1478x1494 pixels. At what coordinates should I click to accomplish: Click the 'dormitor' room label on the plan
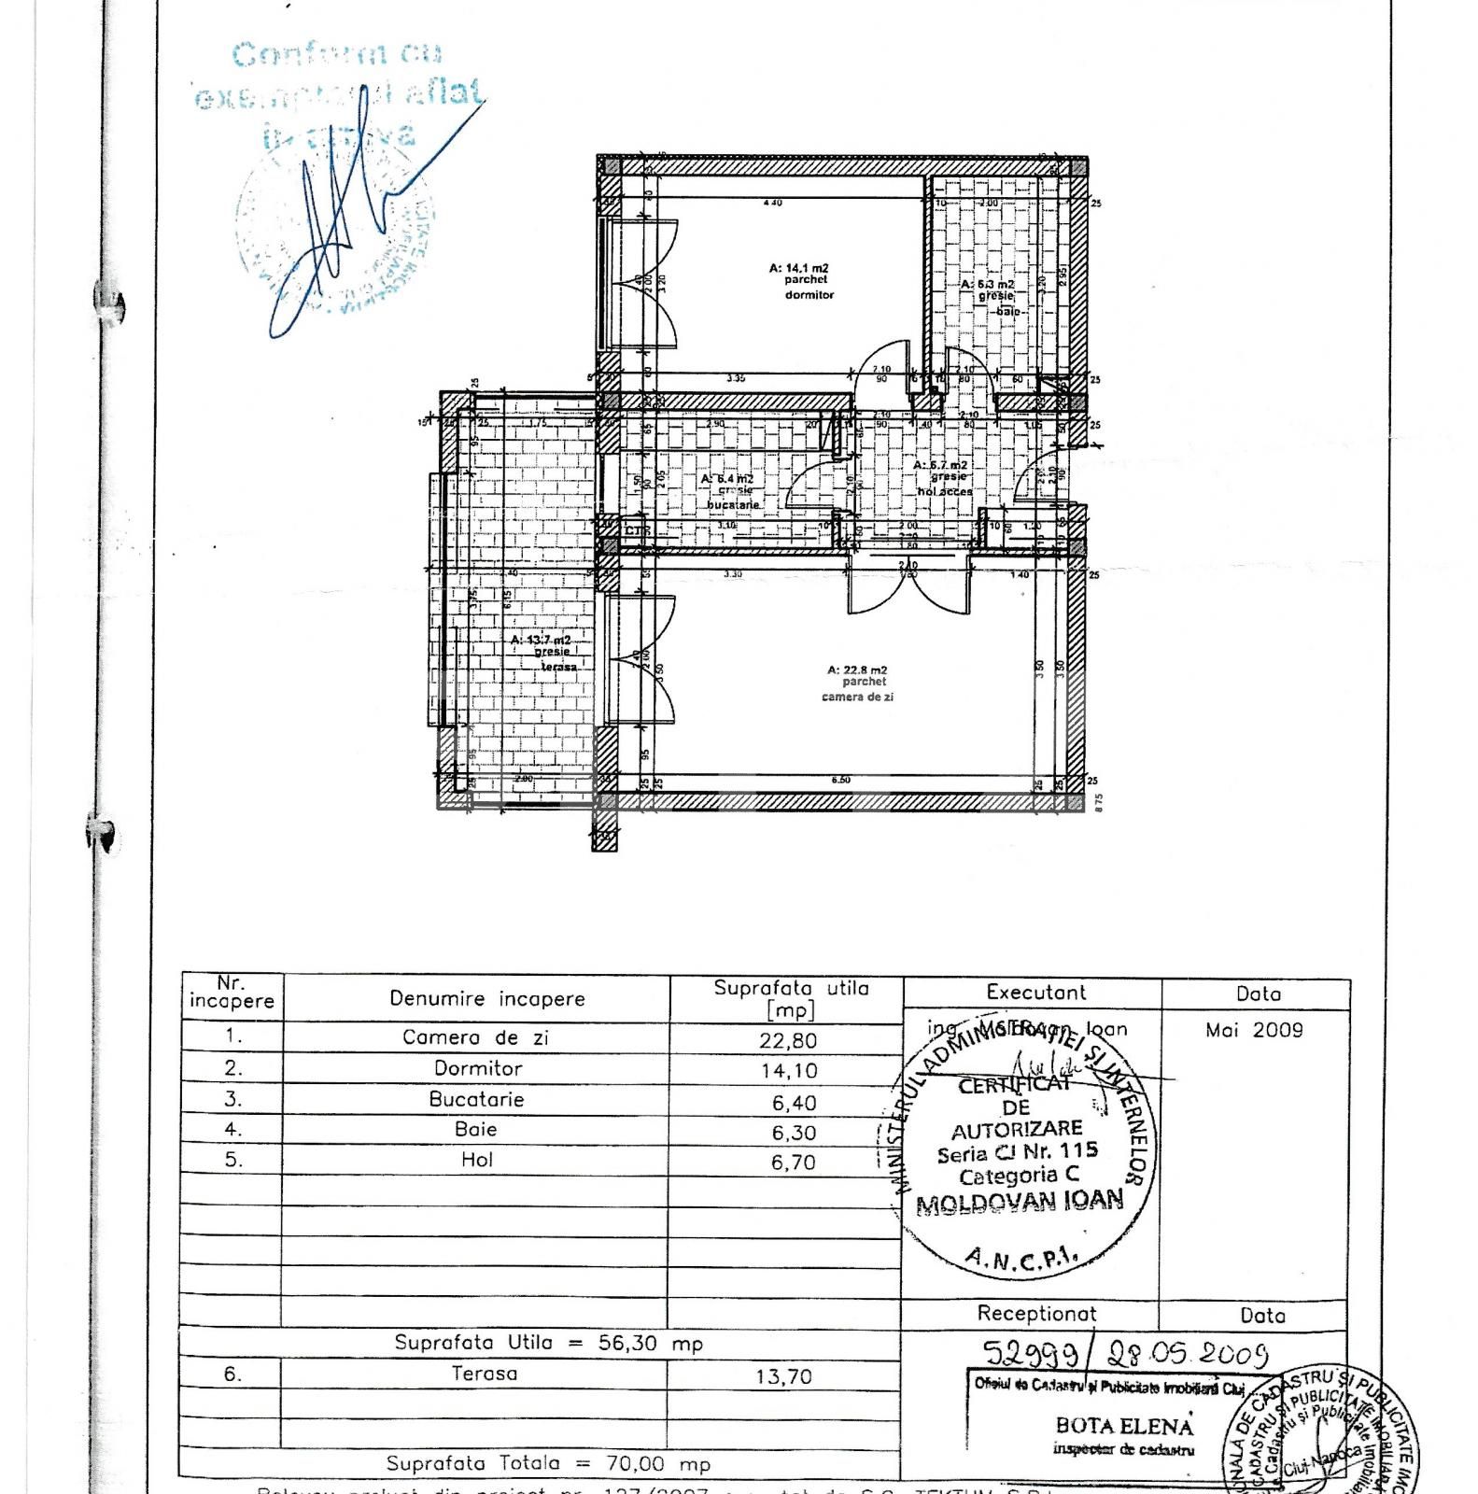(809, 294)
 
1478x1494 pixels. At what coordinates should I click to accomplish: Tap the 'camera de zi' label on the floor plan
(857, 697)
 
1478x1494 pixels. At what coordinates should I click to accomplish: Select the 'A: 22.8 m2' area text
(857, 669)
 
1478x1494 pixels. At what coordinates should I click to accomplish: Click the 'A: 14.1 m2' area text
(798, 268)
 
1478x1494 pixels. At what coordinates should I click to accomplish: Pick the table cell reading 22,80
(790, 1039)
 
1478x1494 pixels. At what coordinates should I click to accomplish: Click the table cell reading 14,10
(790, 1071)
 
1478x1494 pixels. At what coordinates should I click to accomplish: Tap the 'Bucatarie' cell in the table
(476, 1099)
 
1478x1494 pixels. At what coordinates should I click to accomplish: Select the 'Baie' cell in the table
(476, 1130)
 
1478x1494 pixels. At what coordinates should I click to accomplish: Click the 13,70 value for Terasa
(785, 1376)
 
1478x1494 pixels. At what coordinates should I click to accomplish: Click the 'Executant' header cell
(1035, 993)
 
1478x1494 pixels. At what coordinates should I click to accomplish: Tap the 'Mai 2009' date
(1254, 1031)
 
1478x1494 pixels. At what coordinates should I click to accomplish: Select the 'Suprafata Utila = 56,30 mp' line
(548, 1344)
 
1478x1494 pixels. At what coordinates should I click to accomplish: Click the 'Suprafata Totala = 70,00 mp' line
(548, 1464)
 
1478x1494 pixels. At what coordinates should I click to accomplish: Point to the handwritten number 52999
(1035, 1353)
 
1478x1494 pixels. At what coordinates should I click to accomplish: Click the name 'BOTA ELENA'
(1124, 1426)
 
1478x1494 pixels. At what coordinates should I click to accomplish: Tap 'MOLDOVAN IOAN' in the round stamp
(1020, 1202)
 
